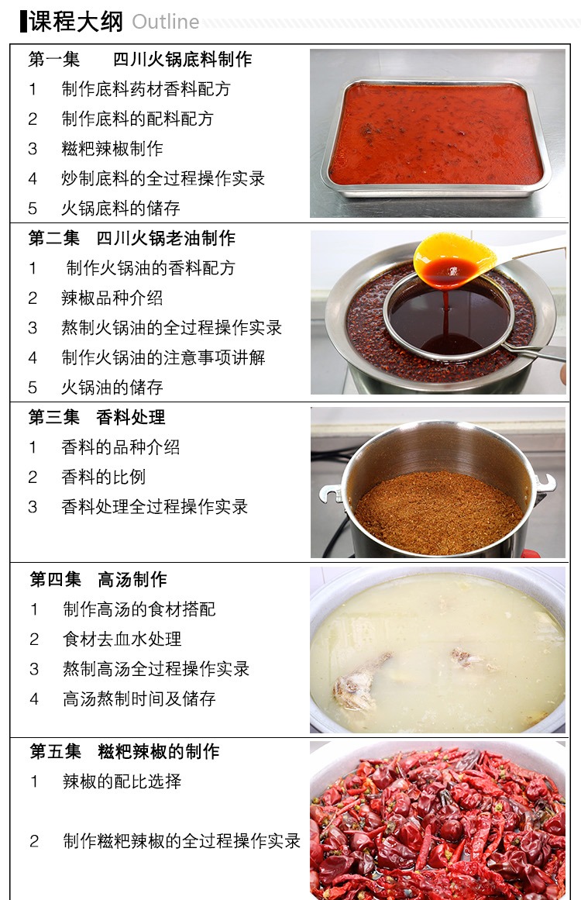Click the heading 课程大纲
[x=76, y=21]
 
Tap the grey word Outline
[x=165, y=22]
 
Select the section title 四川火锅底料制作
[x=182, y=59]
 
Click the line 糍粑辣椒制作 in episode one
[x=112, y=149]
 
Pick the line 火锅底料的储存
[x=121, y=209]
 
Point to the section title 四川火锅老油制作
[x=166, y=238]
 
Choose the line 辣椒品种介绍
[x=112, y=298]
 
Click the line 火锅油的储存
[x=112, y=388]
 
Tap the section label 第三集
[x=54, y=417]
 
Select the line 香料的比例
[x=104, y=477]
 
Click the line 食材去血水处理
[x=122, y=639]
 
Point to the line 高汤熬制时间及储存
[x=139, y=698]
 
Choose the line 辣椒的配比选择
[x=122, y=781]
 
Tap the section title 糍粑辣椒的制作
[x=159, y=751]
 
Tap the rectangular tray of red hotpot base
[x=436, y=136]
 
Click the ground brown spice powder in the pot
[x=438, y=511]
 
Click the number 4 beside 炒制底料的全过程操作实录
[x=33, y=178]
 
